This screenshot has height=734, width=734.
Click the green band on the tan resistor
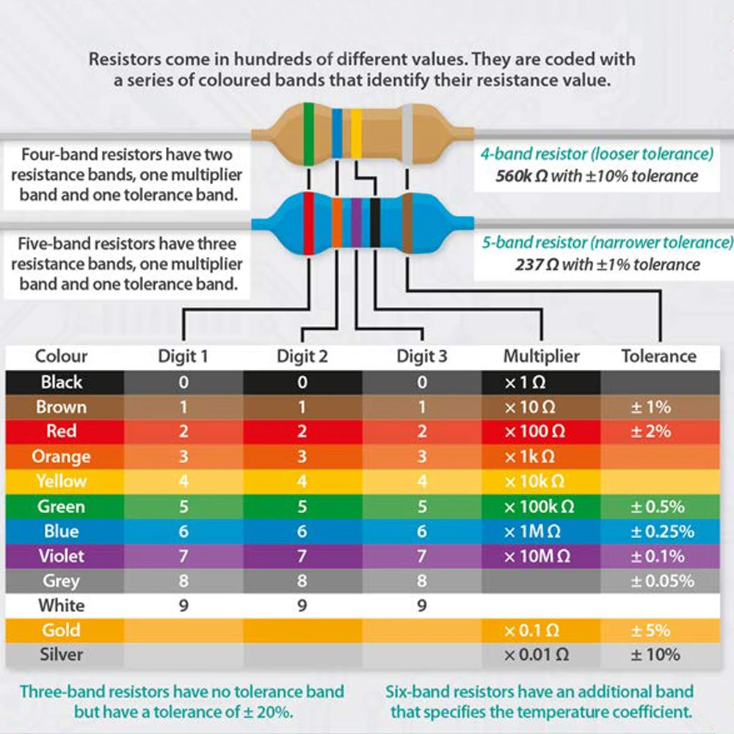tap(308, 134)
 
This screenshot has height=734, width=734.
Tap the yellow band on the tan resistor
tap(356, 134)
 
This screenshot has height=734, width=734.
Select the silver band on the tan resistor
tap(408, 134)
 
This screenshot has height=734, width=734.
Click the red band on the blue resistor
tap(309, 222)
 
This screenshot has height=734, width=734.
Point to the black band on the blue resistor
tap(374, 222)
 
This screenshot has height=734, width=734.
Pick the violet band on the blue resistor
tap(356, 222)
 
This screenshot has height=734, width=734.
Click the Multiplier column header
tap(541, 357)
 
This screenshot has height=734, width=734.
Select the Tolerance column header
tap(658, 357)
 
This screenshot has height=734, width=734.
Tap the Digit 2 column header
tap(302, 357)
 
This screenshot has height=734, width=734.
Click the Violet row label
tap(62, 556)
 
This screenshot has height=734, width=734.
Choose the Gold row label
tap(62, 630)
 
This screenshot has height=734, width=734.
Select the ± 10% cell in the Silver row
tap(655, 654)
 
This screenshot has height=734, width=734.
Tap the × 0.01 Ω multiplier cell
tap(536, 654)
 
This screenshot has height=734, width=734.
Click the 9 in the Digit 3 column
tap(421, 606)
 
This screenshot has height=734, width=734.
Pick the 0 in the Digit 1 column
tap(183, 382)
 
